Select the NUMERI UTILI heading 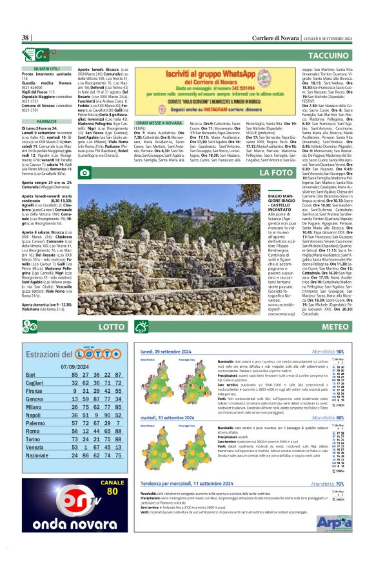tap(46, 68)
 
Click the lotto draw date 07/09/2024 tap(75, 365)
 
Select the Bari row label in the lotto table tap(30, 375)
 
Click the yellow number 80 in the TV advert tap(94, 490)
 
